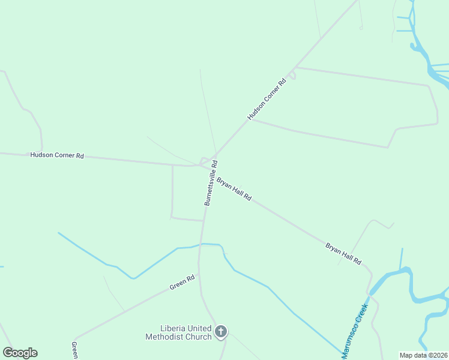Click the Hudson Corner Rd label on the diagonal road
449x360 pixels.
pos(267,99)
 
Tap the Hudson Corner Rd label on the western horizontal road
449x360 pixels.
pos(57,155)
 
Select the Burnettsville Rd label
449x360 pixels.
pos(211,183)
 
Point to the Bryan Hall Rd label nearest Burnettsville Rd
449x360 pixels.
pos(234,188)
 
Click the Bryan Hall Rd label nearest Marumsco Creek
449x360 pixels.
pos(343,253)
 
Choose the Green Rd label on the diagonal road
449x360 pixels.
pos(182,283)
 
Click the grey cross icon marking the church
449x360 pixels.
pos(221,331)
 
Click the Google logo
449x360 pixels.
pos(20,353)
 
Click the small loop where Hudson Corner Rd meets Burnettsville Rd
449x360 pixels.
pos(205,161)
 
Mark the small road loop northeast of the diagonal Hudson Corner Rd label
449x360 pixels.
pos(292,76)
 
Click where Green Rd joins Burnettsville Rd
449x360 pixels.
pos(199,275)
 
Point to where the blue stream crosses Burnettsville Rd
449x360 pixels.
pos(202,244)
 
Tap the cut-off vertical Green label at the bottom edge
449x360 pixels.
pos(74,351)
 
